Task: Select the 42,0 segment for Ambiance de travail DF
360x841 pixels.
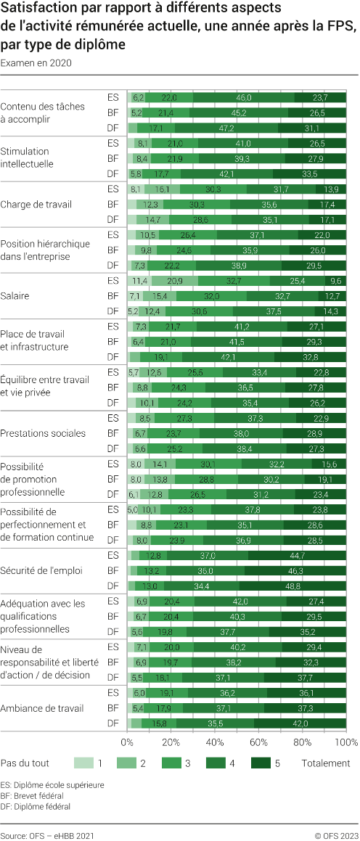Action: pyautogui.click(x=300, y=723)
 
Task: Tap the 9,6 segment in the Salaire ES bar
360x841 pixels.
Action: pyautogui.click(x=336, y=280)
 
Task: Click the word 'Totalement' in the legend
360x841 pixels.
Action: pyautogui.click(x=326, y=763)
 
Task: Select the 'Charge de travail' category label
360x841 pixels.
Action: pyautogui.click(x=36, y=204)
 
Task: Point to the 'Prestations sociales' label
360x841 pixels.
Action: pyautogui.click(x=43, y=433)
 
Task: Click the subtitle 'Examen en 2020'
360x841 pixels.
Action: pyautogui.click(x=36, y=62)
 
